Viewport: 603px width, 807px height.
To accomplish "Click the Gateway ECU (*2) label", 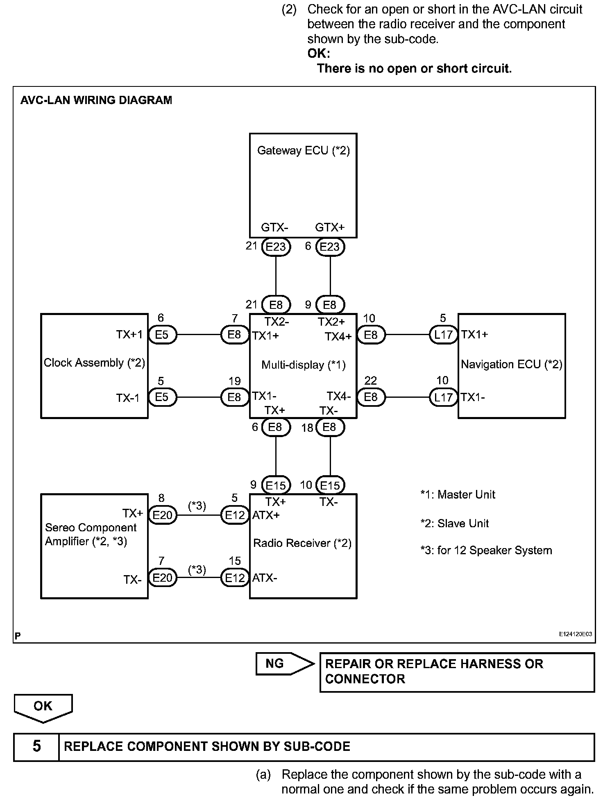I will click(x=303, y=151).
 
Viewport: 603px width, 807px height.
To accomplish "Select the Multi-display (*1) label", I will click(x=303, y=365).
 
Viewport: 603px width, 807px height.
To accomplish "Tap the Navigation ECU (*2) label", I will click(x=511, y=364).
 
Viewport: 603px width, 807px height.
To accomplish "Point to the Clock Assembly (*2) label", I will click(x=94, y=363).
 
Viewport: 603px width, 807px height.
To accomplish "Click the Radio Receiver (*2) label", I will click(x=302, y=543).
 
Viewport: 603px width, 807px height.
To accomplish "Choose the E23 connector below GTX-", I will click(x=276, y=247).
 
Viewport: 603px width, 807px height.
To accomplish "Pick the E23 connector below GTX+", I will click(x=330, y=247).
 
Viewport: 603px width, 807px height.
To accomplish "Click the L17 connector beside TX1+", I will click(x=443, y=335).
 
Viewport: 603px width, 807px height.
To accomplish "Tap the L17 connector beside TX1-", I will click(x=443, y=397).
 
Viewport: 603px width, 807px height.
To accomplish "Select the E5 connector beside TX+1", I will click(x=162, y=335).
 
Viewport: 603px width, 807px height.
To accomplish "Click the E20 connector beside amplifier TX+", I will click(x=162, y=515).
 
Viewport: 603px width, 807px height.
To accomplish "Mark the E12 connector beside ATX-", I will click(x=235, y=578).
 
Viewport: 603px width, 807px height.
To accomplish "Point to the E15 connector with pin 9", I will click(x=276, y=485).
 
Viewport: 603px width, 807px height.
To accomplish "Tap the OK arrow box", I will click(x=43, y=707).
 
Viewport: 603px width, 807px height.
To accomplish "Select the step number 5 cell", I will click(x=36, y=746).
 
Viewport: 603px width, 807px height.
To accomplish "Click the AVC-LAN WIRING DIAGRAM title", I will click(x=96, y=100).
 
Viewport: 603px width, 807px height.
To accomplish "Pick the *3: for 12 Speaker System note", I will click(x=486, y=550).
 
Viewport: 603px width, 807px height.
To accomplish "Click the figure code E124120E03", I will click(x=575, y=634).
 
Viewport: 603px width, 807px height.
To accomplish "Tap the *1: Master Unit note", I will click(x=458, y=494).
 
